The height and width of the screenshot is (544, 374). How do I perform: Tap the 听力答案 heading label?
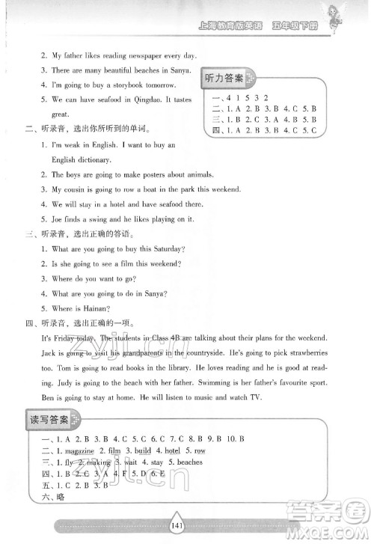223,79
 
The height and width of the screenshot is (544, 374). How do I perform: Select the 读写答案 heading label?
49,419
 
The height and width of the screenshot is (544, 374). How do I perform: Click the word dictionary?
93,159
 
